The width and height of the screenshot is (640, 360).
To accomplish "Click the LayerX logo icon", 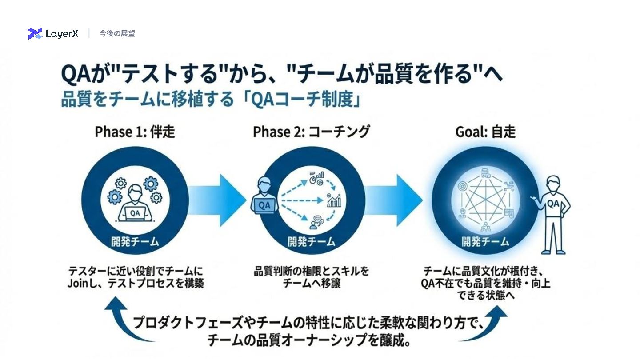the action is [35, 33].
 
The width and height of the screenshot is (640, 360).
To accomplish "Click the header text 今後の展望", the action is [117, 33].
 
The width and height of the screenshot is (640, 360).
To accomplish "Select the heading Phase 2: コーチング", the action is [311, 132].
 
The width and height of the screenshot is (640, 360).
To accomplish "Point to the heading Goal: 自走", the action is [485, 132].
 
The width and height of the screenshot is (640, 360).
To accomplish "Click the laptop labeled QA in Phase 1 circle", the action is [135, 214].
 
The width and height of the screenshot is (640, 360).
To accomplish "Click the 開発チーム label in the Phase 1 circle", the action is [135, 242].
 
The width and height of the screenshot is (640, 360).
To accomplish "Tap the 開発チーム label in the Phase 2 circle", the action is [311, 242].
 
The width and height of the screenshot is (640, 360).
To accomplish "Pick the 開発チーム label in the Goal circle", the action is [485, 242].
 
